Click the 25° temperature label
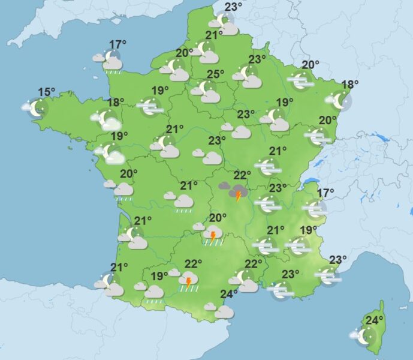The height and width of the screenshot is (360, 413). point(216,74)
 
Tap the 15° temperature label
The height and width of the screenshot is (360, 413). point(47,92)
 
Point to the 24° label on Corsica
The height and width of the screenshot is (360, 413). point(375,320)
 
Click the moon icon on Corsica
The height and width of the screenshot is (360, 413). point(366,337)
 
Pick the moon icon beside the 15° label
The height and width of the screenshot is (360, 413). point(37,109)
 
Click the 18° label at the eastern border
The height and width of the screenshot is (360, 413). point(349,85)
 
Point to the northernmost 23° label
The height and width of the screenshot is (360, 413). point(233,7)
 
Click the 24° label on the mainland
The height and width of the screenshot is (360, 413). point(229,294)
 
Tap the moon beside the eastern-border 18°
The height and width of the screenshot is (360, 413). point(340,100)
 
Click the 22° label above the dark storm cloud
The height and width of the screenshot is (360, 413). point(242,175)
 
